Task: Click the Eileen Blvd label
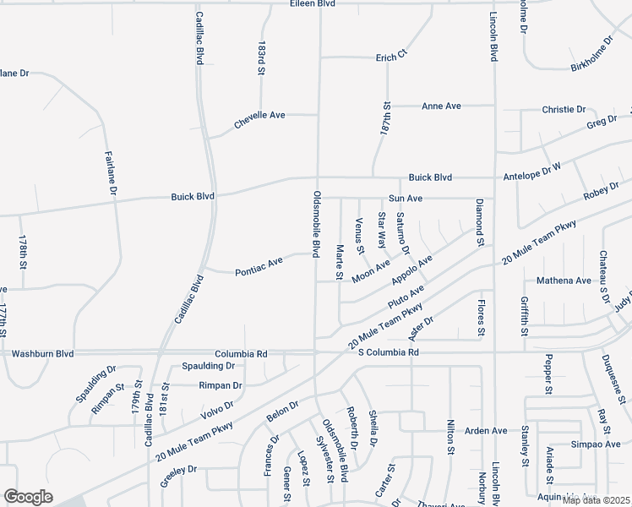pos(313,4)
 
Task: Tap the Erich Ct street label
pos(392,57)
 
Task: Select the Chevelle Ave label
pos(259,115)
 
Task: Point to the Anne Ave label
pos(441,106)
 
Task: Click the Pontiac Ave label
pos(259,271)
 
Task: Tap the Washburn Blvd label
pos(42,353)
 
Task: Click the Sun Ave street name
pos(406,198)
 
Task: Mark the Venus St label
pos(359,235)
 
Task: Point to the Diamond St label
pos(478,223)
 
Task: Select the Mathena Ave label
pos(564,281)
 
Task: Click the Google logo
pos(28,497)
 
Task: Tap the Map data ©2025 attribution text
pos(596,500)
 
